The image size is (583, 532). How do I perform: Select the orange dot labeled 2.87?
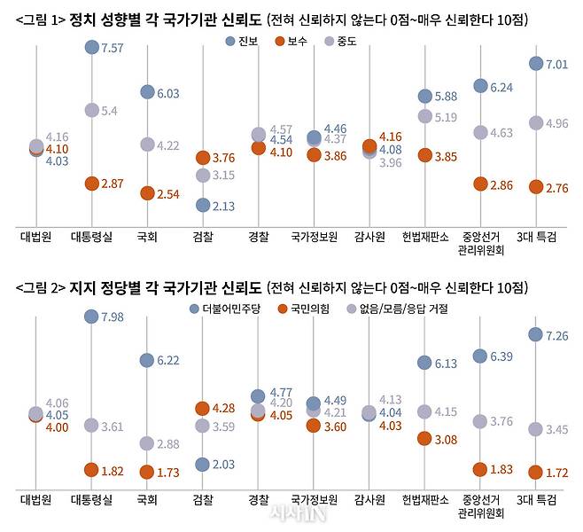pyautogui.click(x=91, y=184)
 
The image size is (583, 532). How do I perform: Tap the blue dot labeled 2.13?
pyautogui.click(x=203, y=206)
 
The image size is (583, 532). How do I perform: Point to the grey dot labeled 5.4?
pyautogui.click(x=91, y=110)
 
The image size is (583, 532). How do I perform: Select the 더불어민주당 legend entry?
pyautogui.click(x=226, y=309)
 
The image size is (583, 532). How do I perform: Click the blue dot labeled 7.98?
pyautogui.click(x=91, y=317)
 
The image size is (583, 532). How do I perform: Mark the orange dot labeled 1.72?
pyautogui.click(x=536, y=473)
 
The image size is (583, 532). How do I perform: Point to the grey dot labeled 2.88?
pyautogui.click(x=147, y=443)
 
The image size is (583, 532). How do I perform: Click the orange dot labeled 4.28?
pyautogui.click(x=203, y=408)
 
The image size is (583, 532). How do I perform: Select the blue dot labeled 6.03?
pyautogui.click(x=147, y=93)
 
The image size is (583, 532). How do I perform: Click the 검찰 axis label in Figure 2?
pyautogui.click(x=203, y=500)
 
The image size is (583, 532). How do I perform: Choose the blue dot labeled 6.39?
pyautogui.click(x=480, y=356)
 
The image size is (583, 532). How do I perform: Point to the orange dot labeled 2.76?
pyautogui.click(x=536, y=187)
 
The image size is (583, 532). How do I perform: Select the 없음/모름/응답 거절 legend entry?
pyautogui.click(x=399, y=309)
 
